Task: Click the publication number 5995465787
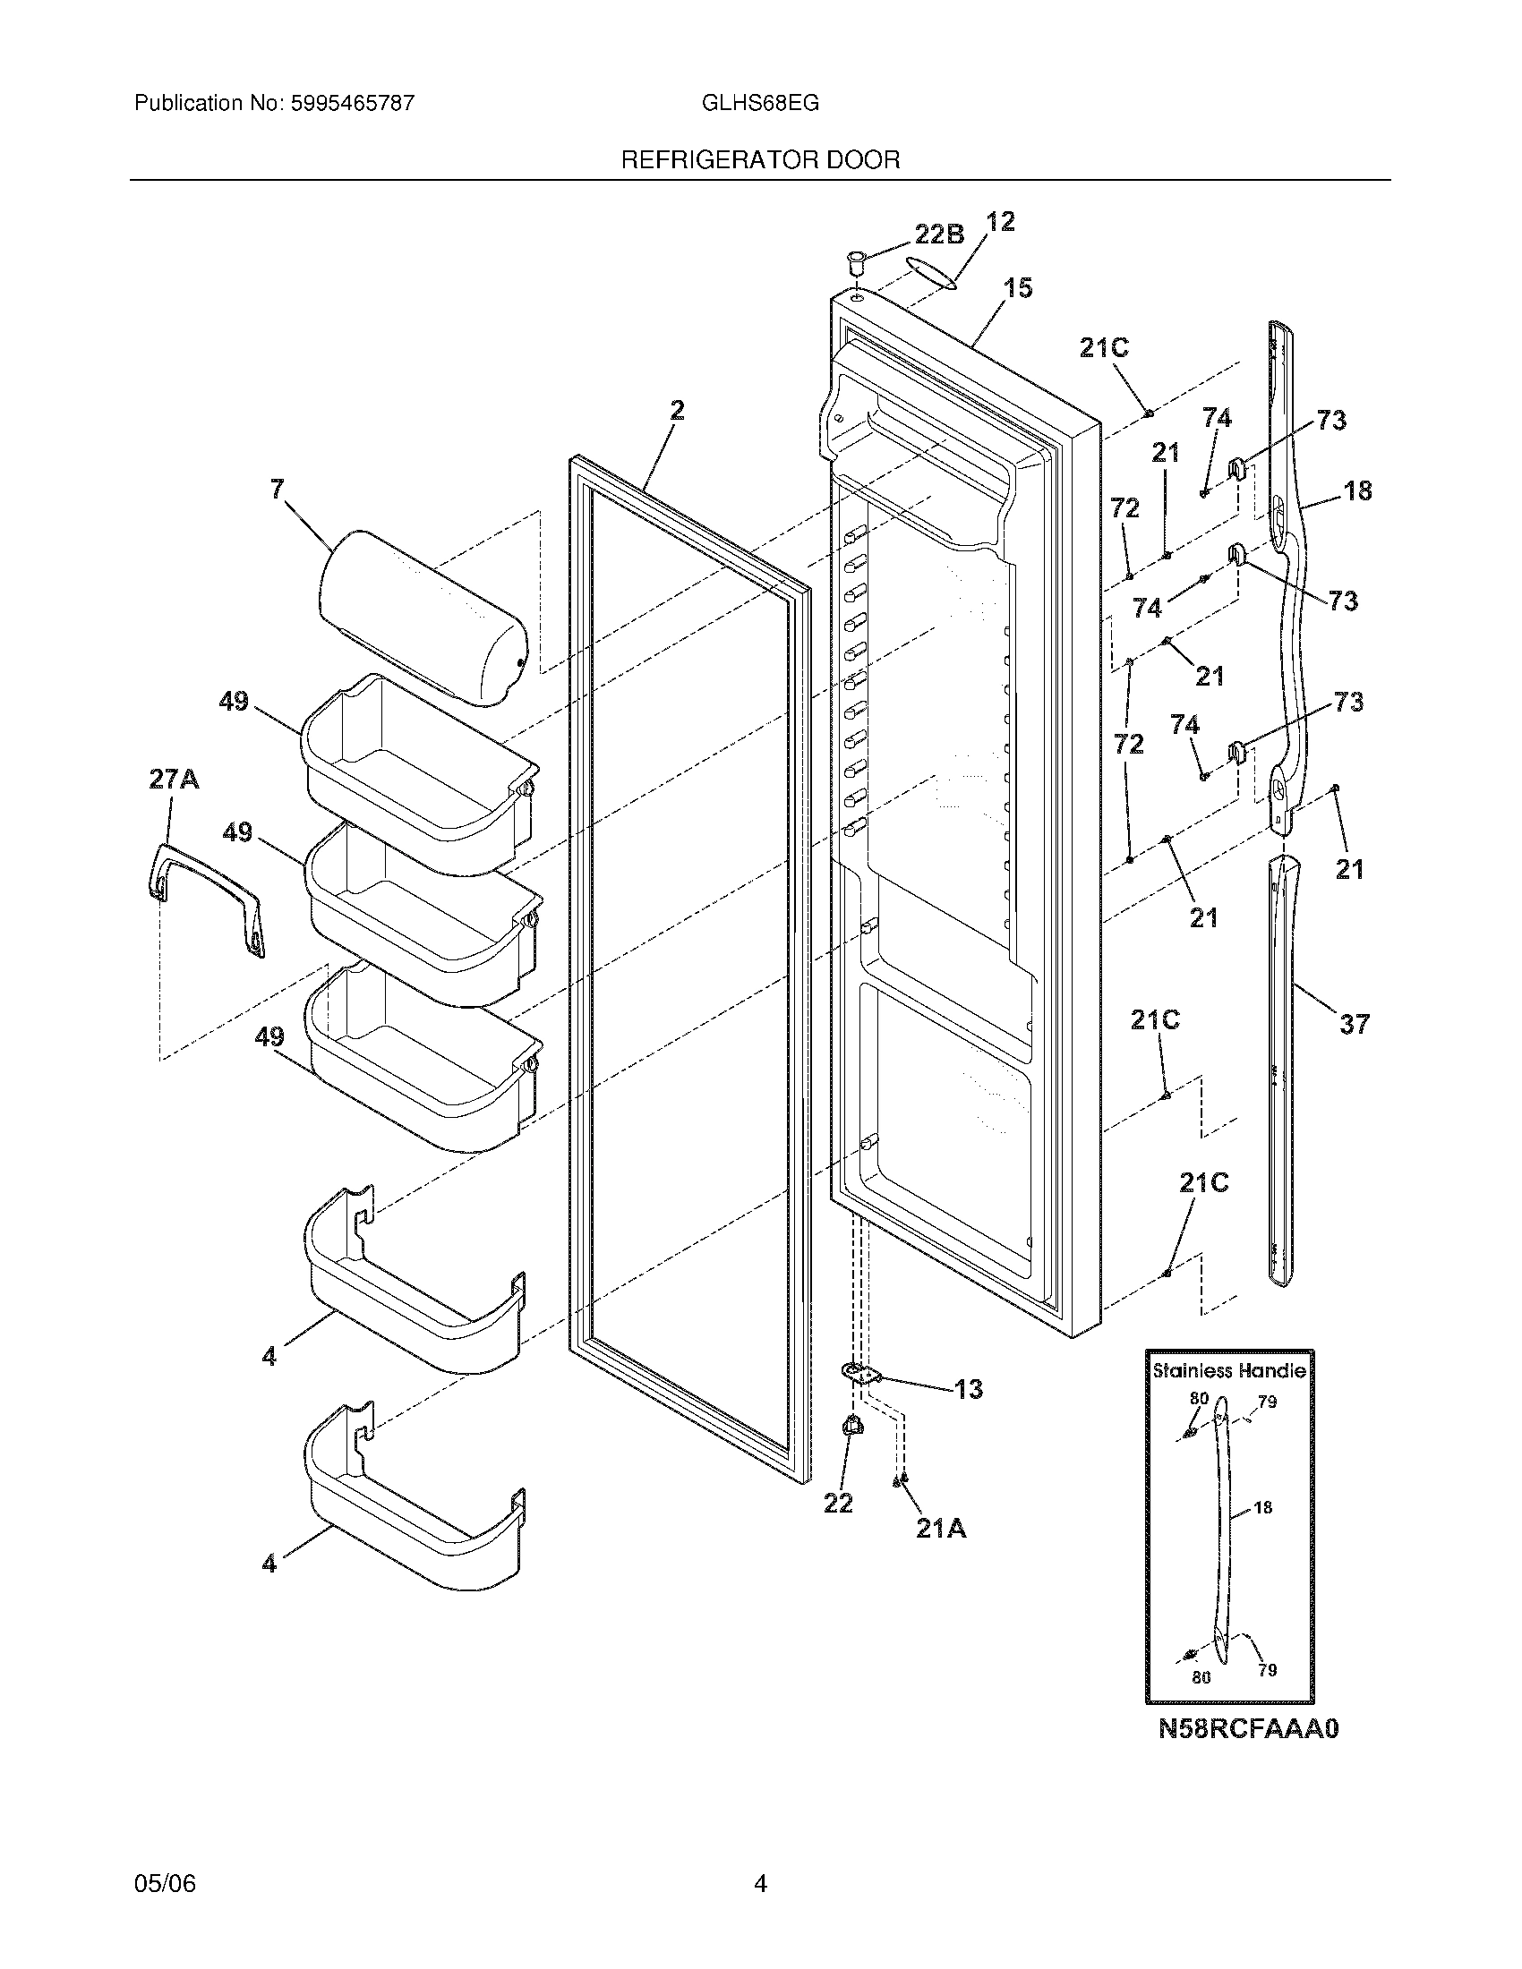[353, 103]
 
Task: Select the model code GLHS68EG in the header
[760, 103]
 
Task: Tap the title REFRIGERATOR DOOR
[760, 160]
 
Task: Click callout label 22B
[938, 234]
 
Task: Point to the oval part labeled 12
[931, 272]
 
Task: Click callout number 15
[1017, 288]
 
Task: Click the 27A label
[174, 779]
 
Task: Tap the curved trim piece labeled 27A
[206, 892]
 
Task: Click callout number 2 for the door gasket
[676, 411]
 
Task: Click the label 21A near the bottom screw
[940, 1527]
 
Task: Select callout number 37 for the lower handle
[1354, 1023]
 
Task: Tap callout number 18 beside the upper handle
[1357, 490]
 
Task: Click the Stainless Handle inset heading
[1229, 1370]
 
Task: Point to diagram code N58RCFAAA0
[1249, 1728]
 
